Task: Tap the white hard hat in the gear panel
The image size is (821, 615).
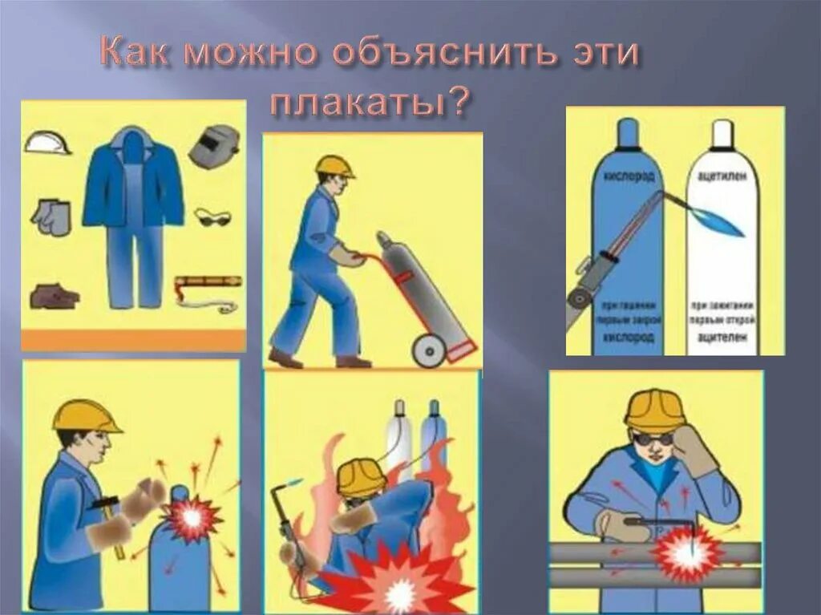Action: (x=47, y=143)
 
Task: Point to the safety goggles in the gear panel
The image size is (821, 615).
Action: (x=213, y=216)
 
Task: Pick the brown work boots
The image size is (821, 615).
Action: (x=54, y=297)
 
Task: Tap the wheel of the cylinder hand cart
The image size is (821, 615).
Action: (x=429, y=350)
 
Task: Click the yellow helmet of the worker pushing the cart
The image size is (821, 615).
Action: (x=334, y=166)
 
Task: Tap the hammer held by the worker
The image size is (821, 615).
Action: (x=110, y=513)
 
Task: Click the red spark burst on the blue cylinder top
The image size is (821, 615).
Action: (x=192, y=517)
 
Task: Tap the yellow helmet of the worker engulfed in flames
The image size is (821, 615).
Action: (x=361, y=476)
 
